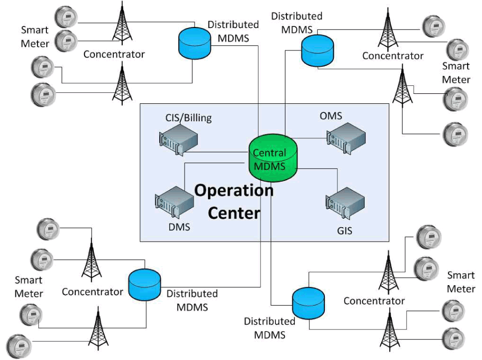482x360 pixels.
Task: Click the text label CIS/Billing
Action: point(188,118)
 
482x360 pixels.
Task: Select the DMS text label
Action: point(179,228)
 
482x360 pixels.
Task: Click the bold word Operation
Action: point(234,190)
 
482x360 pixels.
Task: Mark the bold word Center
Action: point(234,213)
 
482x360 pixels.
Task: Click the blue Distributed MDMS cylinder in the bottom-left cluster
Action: point(145,283)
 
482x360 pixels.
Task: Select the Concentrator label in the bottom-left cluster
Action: point(92,292)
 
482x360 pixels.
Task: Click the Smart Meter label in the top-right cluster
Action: point(456,73)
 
